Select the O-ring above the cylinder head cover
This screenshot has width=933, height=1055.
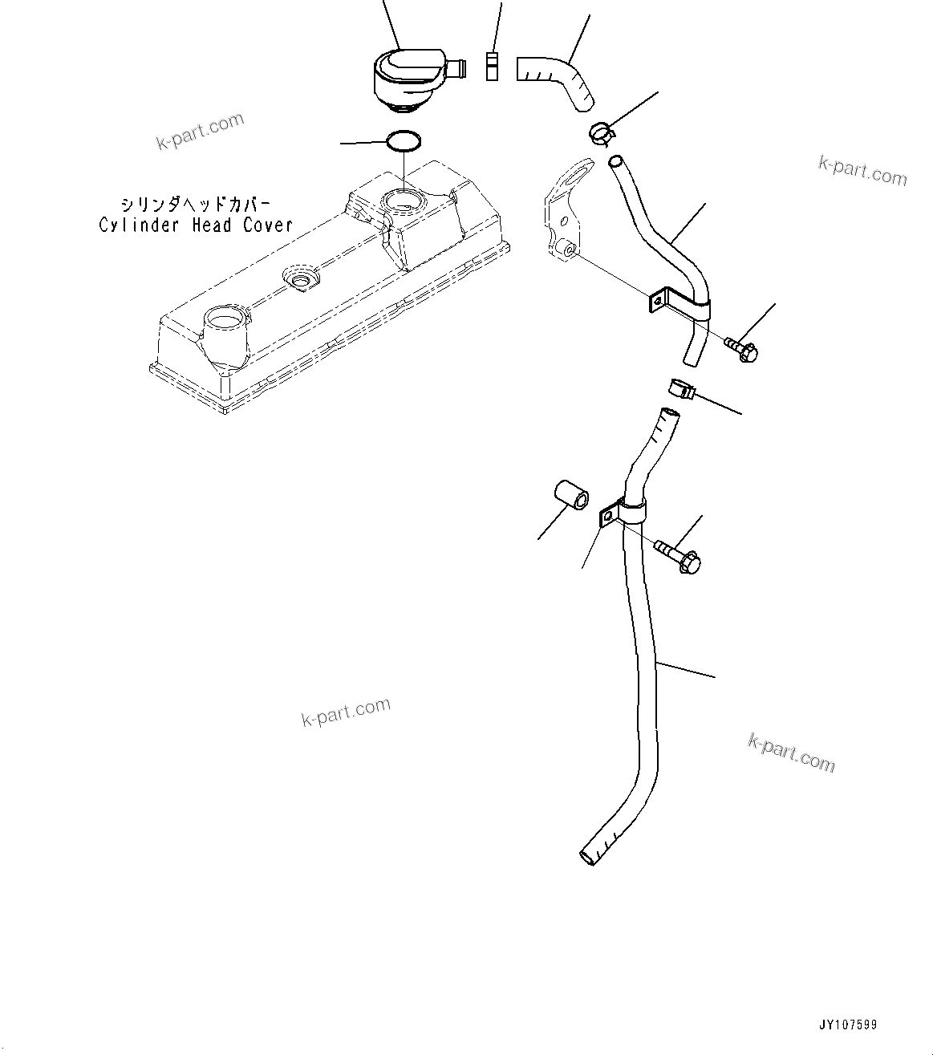(x=404, y=142)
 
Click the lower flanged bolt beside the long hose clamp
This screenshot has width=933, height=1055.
(x=679, y=555)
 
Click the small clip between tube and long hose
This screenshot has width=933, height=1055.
(x=680, y=389)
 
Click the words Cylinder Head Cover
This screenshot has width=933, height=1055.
(x=196, y=225)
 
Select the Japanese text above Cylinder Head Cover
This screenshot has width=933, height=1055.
(x=196, y=204)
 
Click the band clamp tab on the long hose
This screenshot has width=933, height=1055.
(x=607, y=517)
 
